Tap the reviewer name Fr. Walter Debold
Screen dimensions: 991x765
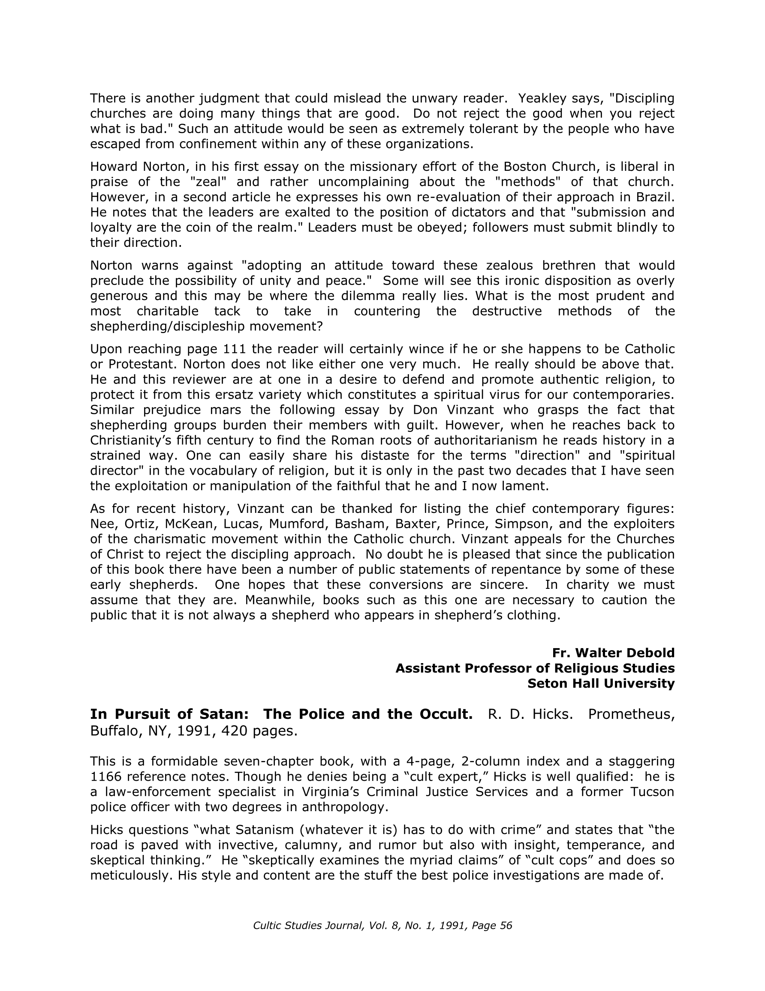[613, 653]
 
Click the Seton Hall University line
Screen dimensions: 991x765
[601, 683]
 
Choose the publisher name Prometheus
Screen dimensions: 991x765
[631, 714]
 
